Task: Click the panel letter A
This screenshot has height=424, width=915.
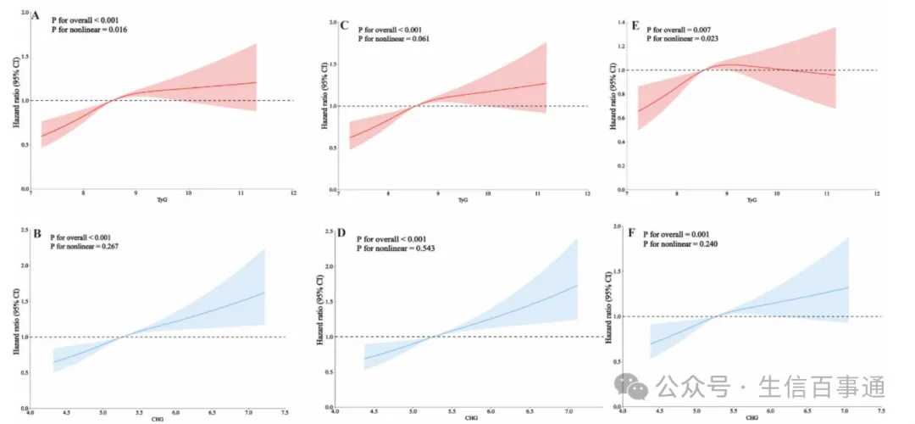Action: [36, 14]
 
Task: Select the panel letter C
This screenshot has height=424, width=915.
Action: [344, 26]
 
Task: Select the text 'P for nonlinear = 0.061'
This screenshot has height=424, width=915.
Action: [399, 39]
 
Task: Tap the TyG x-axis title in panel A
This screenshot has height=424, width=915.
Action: [163, 199]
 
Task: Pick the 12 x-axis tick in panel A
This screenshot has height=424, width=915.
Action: [293, 193]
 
